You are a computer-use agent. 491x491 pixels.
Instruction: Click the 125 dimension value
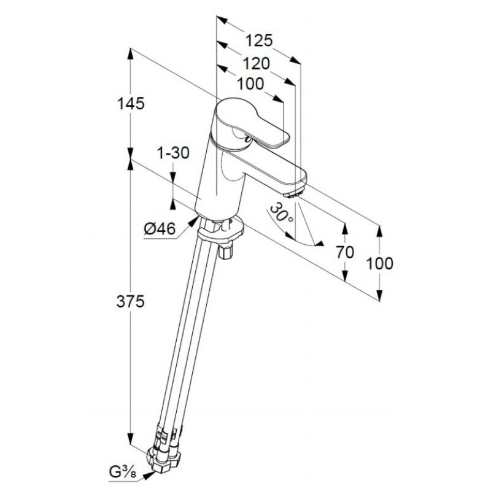(258, 41)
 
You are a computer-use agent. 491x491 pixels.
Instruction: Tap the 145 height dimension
(131, 104)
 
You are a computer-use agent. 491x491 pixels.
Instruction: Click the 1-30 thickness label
(172, 153)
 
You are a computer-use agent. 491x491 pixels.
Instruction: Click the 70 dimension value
(346, 252)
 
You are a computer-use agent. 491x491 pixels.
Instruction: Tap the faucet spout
(270, 169)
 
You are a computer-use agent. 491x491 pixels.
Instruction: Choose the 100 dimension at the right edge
(379, 263)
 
